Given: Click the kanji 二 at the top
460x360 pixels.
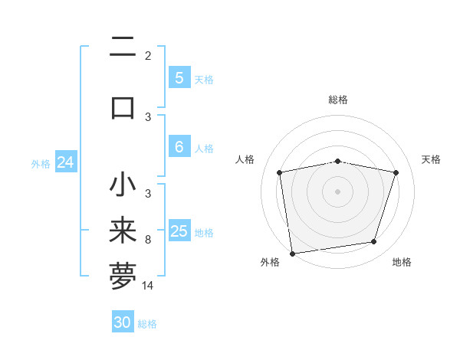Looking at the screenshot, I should coord(123,47).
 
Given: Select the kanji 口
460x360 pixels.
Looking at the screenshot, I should coord(123,106).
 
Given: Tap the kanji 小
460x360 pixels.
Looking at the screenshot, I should coord(123,185).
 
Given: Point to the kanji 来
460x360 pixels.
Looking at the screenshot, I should coord(123,231).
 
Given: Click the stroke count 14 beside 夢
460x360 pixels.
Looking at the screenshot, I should coord(148,286).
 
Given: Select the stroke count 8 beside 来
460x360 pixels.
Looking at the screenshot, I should coord(148,240).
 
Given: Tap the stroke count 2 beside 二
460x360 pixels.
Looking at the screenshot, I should coord(148,56).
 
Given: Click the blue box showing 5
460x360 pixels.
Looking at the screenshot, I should coord(179,78).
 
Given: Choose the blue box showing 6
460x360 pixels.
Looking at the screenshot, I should coord(179,147).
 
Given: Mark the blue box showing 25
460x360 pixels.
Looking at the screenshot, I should coord(179,231).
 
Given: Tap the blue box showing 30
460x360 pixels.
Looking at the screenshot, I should coord(123,322).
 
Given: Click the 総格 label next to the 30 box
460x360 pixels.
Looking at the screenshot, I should coord(147,324).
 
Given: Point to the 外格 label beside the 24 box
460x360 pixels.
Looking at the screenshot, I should coord(41,164).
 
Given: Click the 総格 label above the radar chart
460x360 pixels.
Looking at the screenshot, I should coord(337,100).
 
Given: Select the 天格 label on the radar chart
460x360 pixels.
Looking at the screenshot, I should coord(431,159).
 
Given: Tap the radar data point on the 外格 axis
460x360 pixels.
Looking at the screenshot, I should coord(292,252).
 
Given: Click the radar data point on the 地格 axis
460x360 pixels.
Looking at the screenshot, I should coord(374,242).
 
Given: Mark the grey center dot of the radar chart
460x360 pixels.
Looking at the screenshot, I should coord(337,191).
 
